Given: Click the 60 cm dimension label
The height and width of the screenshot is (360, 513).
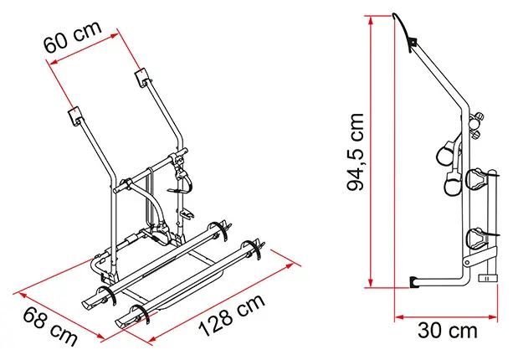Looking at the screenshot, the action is [x=73, y=37].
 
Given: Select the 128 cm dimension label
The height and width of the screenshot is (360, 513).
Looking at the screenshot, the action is [x=232, y=315].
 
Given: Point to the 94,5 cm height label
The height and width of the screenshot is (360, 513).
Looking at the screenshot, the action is [x=355, y=152].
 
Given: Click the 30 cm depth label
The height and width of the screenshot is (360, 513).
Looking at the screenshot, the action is [x=447, y=331].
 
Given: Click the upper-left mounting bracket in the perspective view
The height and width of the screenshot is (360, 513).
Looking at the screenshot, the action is [x=75, y=114].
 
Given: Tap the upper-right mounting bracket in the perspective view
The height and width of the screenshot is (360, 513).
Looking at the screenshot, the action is [x=141, y=78].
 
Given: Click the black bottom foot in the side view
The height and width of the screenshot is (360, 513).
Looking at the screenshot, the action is [x=414, y=282].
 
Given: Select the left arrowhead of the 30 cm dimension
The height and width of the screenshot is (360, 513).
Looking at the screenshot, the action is [x=399, y=316].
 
